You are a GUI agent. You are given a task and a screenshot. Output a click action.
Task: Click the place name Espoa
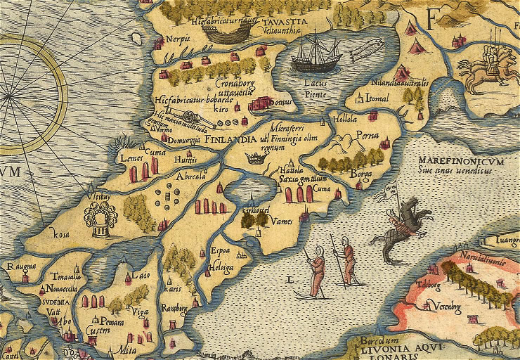pos(220,250)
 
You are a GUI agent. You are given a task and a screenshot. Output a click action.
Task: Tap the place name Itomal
pos(377,99)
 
